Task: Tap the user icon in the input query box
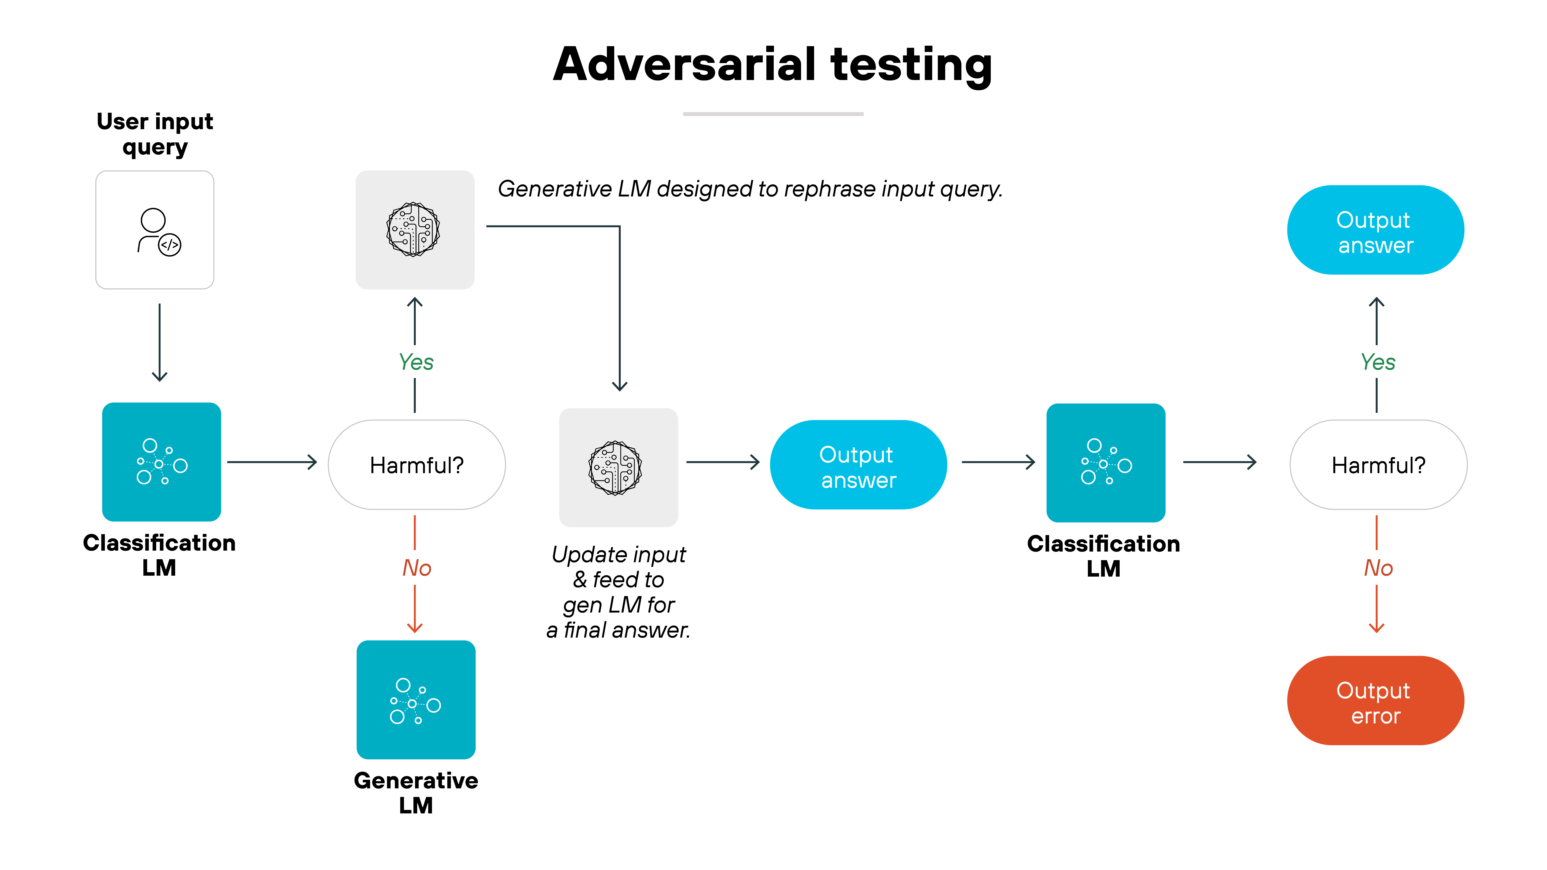tap(158, 232)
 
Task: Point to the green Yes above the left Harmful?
tap(416, 362)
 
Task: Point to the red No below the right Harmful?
tap(1378, 568)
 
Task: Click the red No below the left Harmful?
tap(416, 568)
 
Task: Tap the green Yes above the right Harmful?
tap(1378, 362)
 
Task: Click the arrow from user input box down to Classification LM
tap(159, 342)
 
